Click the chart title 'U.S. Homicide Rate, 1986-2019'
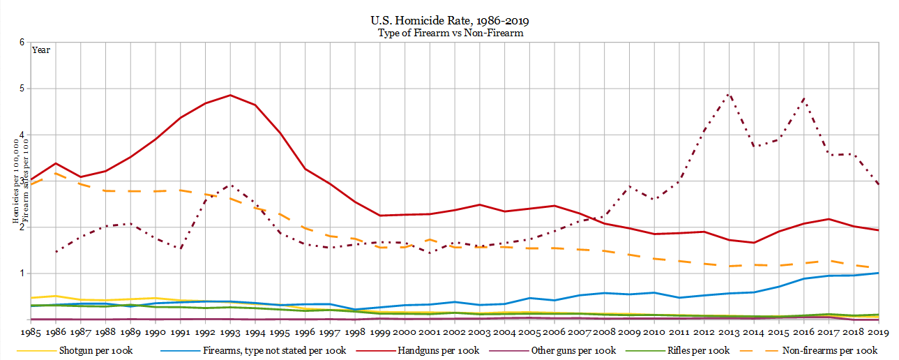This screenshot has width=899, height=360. pyautogui.click(x=450, y=20)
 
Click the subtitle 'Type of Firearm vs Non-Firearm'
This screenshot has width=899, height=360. pyautogui.click(x=450, y=32)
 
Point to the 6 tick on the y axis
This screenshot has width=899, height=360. pyautogui.click(x=23, y=43)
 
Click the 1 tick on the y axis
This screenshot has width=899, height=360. pyautogui.click(x=23, y=273)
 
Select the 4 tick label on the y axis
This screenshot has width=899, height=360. pyautogui.click(x=23, y=135)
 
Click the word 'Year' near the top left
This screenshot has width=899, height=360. pyautogui.click(x=41, y=50)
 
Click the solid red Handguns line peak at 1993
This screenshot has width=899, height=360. pyautogui.click(x=231, y=95)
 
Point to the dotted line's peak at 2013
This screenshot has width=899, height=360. pyautogui.click(x=728, y=93)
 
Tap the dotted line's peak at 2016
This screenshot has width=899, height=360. pyautogui.click(x=804, y=98)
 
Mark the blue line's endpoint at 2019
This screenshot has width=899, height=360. pyautogui.click(x=877, y=273)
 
